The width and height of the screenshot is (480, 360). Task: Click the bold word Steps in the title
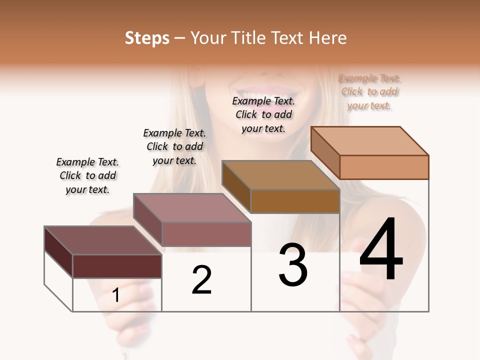[x=147, y=38]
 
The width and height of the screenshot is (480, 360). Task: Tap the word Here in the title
[x=327, y=38]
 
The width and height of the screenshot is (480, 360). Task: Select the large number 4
[x=381, y=250]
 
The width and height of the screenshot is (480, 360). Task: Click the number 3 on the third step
[x=293, y=265]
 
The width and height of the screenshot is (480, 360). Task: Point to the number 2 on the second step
[x=202, y=280]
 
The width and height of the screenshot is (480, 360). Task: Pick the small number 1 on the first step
[x=116, y=295]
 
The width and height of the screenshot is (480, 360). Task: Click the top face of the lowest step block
[x=102, y=240]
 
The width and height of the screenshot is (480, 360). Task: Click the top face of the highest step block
[x=369, y=140]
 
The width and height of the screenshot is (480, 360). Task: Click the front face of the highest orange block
[x=384, y=167]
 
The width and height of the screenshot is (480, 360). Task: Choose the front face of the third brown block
[x=295, y=201]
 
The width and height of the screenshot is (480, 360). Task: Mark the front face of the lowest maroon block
[x=117, y=266]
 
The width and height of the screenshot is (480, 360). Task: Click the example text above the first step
[x=87, y=175]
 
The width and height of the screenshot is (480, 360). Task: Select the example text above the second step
[x=174, y=146]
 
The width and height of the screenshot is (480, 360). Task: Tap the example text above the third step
[x=263, y=114]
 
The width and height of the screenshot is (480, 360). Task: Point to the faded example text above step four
[x=369, y=91]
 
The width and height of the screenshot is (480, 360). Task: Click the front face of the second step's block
[x=206, y=234]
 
